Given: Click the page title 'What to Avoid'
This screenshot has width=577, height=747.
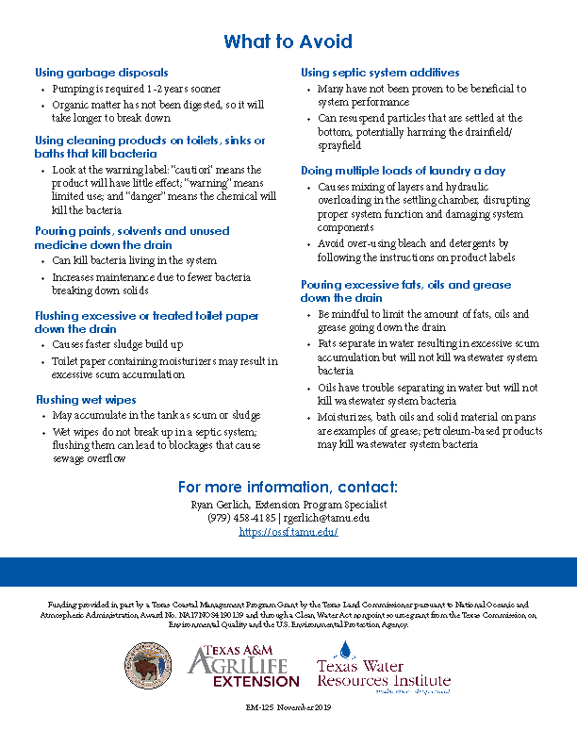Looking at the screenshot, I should (288, 41).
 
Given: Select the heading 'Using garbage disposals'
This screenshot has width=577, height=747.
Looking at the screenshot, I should (102, 72).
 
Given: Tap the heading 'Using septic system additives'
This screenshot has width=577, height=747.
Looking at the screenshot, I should (380, 72).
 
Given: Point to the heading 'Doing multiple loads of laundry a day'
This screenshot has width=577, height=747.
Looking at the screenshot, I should (404, 171).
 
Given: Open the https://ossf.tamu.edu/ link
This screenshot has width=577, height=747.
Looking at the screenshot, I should (288, 532).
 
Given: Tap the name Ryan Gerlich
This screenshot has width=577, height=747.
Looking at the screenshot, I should (227, 505).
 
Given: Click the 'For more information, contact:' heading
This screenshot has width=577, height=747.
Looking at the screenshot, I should (288, 487).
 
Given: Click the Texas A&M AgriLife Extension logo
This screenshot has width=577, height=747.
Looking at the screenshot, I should (243, 667).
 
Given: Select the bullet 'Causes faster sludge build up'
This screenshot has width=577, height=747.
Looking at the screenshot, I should (118, 345).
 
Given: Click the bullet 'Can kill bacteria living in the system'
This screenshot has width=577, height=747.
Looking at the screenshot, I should (134, 260).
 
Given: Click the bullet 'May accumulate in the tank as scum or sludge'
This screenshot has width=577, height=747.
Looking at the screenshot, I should (156, 416).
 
